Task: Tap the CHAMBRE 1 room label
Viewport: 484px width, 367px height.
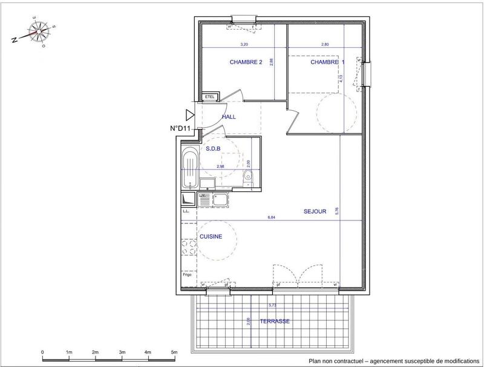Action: pos(328,62)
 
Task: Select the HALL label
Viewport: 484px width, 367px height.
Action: pos(229,117)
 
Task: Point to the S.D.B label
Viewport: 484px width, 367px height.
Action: pos(213,148)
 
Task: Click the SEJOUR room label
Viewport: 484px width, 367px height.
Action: pos(315,211)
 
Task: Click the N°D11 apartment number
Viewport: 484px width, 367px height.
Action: pos(180,128)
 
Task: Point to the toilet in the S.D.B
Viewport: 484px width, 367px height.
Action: pos(249,176)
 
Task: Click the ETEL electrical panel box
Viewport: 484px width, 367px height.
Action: pos(210,97)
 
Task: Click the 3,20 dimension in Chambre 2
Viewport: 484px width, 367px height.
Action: pos(244,44)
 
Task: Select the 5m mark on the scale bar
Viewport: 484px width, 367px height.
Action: pos(174,352)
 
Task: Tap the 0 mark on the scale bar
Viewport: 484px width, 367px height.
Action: pos(42,352)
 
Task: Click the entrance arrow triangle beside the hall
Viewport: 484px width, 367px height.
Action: pos(190,114)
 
